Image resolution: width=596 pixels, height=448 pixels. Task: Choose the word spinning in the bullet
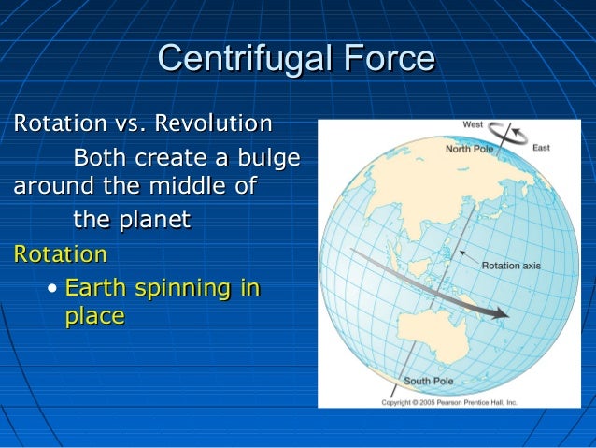[183, 288]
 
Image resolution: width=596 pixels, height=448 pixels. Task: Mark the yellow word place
[93, 317]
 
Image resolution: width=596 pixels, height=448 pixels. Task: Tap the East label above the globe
[541, 148]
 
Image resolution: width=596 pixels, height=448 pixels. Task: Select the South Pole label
[428, 382]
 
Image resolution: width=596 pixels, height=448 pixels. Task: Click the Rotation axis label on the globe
[510, 266]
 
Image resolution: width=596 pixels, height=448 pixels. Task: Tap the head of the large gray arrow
[499, 312]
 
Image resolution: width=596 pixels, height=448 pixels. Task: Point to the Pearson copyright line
[448, 402]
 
